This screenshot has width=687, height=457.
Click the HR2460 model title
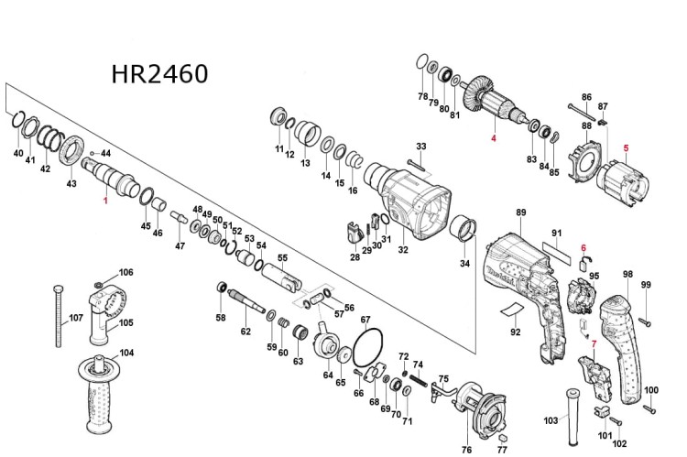pos(159,72)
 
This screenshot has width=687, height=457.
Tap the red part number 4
pos(493,139)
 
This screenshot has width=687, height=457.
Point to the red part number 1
pos(105,199)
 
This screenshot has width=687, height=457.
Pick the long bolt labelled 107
pos(58,316)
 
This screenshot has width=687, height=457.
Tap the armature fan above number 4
pos(481,94)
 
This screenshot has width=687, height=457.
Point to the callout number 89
pos(521,212)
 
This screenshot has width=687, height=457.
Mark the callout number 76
pos(466,450)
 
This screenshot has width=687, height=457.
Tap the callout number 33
pos(421,147)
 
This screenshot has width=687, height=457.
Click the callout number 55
pos(282,257)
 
